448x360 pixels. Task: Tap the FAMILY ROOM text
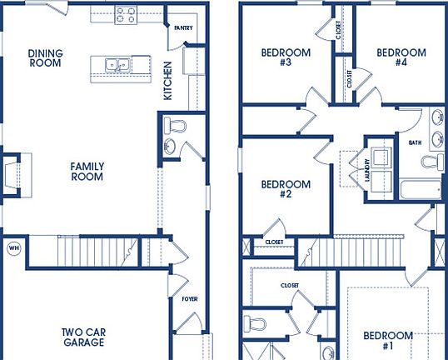click(87, 172)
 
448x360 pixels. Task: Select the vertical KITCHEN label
click(167, 80)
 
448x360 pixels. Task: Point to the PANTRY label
click(183, 27)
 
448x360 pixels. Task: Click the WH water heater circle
click(13, 247)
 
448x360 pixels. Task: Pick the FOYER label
click(190, 297)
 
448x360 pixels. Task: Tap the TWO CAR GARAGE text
click(83, 337)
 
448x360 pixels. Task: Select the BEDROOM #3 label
click(286, 57)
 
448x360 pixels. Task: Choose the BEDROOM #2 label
click(286, 189)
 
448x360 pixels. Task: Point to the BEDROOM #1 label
click(387, 341)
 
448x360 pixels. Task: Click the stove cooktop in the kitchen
click(125, 14)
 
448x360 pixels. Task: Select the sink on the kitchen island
click(117, 64)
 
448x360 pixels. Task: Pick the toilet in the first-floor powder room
click(175, 127)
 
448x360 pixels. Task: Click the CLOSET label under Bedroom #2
click(274, 242)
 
